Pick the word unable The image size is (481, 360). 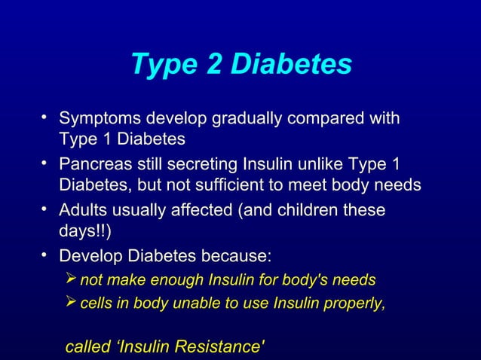point(195,304)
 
